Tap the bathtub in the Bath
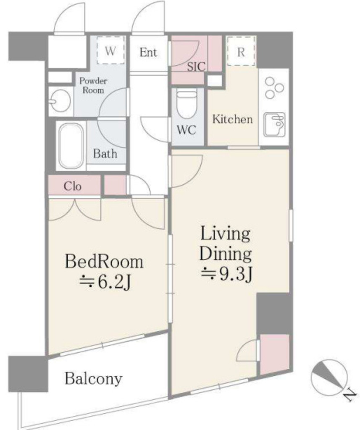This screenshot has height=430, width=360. coord(71,145)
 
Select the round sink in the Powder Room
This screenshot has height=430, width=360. coord(60,101)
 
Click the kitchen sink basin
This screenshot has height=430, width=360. coord(274,124)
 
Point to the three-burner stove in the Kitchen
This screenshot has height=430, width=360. coord(274,88)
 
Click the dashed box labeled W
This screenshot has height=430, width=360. coord(110,50)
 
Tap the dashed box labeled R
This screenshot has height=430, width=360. coord(241,52)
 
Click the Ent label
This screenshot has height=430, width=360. coord(148,52)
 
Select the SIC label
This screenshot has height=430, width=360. coord(196,67)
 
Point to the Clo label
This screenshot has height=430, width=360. coord(73,186)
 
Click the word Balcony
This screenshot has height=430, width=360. coord(94,379)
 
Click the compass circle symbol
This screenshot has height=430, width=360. coord(329,378)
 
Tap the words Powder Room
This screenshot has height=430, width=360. coord(93,86)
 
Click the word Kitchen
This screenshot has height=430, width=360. coord(233,119)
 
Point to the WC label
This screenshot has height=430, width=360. coord(187,130)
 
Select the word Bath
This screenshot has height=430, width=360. coord(105,154)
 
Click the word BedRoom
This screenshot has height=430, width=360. coord(104,262)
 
